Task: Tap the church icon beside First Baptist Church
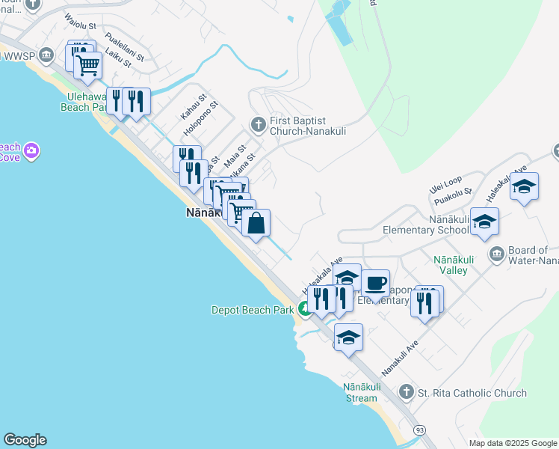(x=258, y=124)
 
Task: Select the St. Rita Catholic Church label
(x=472, y=393)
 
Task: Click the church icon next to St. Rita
(x=406, y=391)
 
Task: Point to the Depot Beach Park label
(x=253, y=308)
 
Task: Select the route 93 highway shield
(x=420, y=430)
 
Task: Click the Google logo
(x=25, y=440)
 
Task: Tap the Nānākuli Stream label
(x=361, y=392)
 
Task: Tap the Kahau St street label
(x=192, y=109)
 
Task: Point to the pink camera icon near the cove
(x=31, y=152)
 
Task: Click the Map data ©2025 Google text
(x=512, y=443)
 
